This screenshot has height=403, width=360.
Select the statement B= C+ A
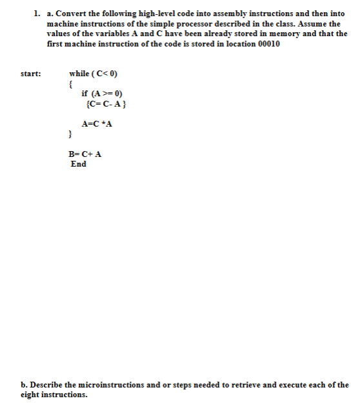(x=85, y=154)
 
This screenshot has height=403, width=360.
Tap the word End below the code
(x=78, y=164)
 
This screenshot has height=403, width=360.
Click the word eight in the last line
(x=30, y=395)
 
